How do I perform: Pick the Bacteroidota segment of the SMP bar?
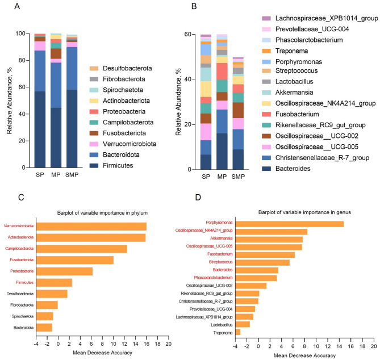(72, 68)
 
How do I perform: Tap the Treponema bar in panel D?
(238, 332)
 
